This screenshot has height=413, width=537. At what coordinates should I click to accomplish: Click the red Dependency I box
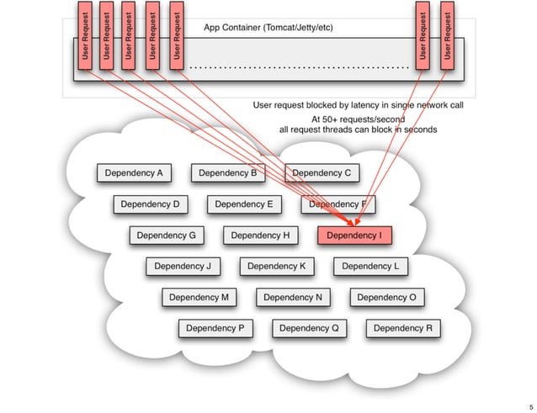(354, 236)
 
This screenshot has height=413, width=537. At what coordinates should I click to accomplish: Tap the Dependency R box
(402, 328)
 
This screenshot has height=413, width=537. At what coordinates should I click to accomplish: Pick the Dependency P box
(215, 328)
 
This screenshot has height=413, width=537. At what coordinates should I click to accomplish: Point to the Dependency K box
(277, 267)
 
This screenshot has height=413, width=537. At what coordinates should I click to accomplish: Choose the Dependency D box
(150, 204)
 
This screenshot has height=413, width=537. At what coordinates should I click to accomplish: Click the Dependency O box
(386, 297)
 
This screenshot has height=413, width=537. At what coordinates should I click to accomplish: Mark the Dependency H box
(260, 236)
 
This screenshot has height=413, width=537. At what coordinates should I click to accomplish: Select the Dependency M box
(199, 297)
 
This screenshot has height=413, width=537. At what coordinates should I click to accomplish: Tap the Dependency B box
(227, 173)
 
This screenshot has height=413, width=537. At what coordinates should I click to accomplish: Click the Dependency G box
(166, 236)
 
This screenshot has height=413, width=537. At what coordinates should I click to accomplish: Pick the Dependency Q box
(309, 328)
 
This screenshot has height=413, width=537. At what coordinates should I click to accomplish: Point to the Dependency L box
(370, 267)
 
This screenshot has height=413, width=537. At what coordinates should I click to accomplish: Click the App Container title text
(268, 28)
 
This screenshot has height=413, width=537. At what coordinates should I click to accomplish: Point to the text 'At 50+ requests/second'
(357, 119)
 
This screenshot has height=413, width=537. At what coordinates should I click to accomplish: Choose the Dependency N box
(293, 297)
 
